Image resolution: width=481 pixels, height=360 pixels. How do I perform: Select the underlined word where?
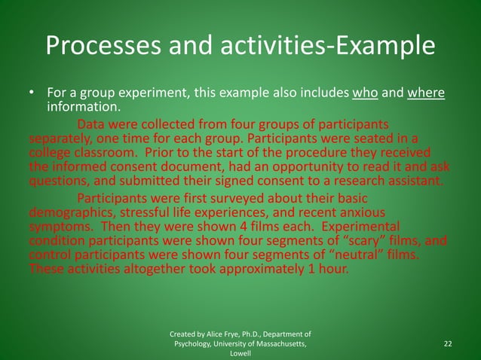tap(425, 94)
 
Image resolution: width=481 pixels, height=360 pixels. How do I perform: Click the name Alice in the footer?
tap(218, 334)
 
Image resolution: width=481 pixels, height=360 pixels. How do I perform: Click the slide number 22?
tap(448, 343)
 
